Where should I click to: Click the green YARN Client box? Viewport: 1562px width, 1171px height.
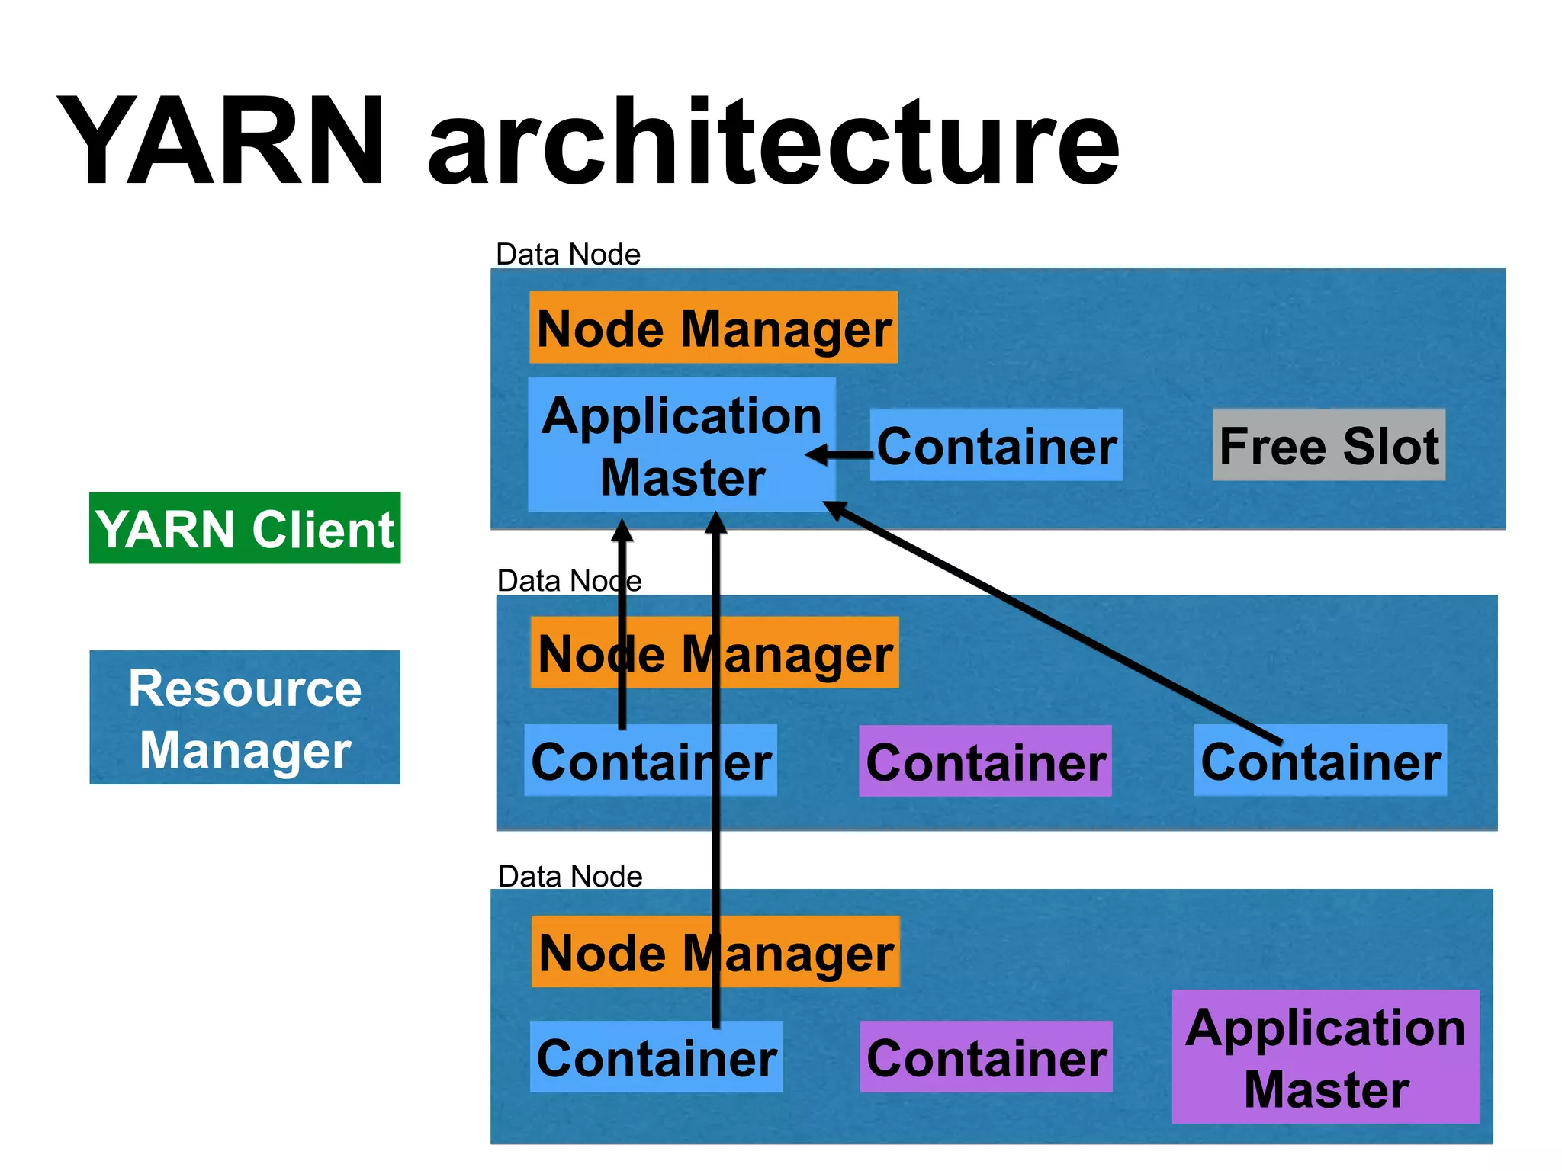245,528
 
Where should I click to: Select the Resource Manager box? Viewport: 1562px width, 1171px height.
245,717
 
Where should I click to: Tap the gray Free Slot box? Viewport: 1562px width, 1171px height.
1329,445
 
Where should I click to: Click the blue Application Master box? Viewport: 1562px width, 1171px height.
681,445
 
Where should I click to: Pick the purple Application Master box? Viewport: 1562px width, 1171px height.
1326,1057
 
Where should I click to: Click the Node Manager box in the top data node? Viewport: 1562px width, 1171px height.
713,328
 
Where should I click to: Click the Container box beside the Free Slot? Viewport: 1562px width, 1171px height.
996,446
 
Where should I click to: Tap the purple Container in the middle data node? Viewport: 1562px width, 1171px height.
985,762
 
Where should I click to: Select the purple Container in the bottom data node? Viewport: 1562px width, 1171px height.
986,1057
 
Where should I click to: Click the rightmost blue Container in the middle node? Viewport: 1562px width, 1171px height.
1320,762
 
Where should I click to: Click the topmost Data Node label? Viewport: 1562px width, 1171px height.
568,255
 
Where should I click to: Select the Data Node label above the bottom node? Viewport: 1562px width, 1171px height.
570,877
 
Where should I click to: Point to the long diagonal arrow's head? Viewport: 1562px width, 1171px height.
834,509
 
